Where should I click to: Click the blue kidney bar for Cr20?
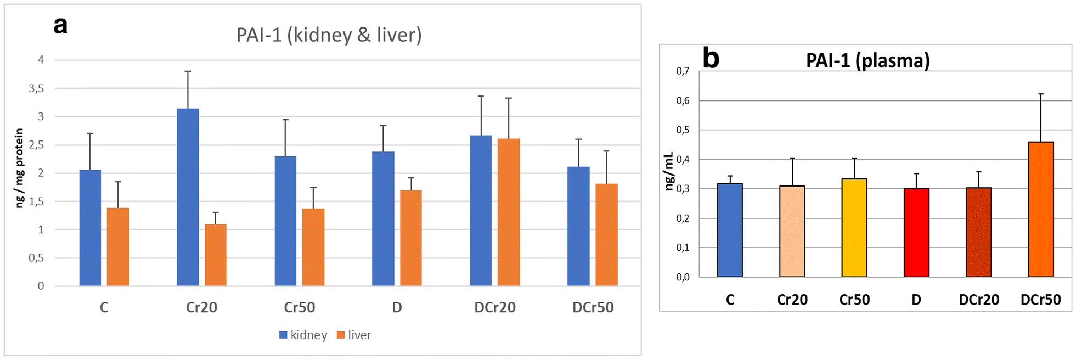click(x=188, y=197)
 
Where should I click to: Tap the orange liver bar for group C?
click(x=117, y=246)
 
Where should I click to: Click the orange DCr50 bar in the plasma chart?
click(x=1040, y=209)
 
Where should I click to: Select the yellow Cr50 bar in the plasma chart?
click(x=854, y=228)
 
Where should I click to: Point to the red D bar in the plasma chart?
click(x=916, y=232)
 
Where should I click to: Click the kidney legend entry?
click(x=303, y=335)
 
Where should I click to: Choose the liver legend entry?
click(x=354, y=335)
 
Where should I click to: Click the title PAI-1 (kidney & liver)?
click(x=329, y=35)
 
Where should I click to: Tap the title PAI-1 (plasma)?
click(x=867, y=60)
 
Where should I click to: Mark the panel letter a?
click(x=60, y=25)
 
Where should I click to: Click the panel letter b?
click(x=711, y=58)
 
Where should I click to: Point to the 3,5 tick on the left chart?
click(x=36, y=88)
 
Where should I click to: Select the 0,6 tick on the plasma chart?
click(x=683, y=101)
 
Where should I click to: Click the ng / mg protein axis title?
click(x=20, y=168)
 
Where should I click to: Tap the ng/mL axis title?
click(x=668, y=172)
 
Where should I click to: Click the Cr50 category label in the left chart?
click(x=299, y=307)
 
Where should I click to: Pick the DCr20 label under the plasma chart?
click(x=978, y=300)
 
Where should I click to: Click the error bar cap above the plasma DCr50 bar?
click(x=1040, y=94)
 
